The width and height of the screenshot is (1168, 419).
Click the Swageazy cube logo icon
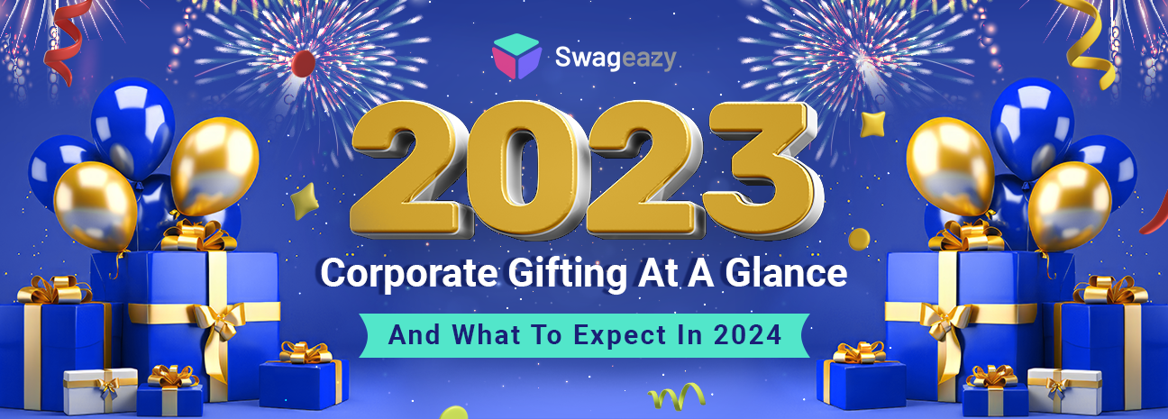(516, 56)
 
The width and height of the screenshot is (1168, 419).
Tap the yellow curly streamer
(1091, 41)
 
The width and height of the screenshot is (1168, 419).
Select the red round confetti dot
(305, 61)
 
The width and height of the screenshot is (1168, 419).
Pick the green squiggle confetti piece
(677, 395)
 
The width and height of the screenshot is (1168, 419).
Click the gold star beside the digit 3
(871, 124)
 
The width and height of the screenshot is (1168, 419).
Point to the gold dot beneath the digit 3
(860, 239)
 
